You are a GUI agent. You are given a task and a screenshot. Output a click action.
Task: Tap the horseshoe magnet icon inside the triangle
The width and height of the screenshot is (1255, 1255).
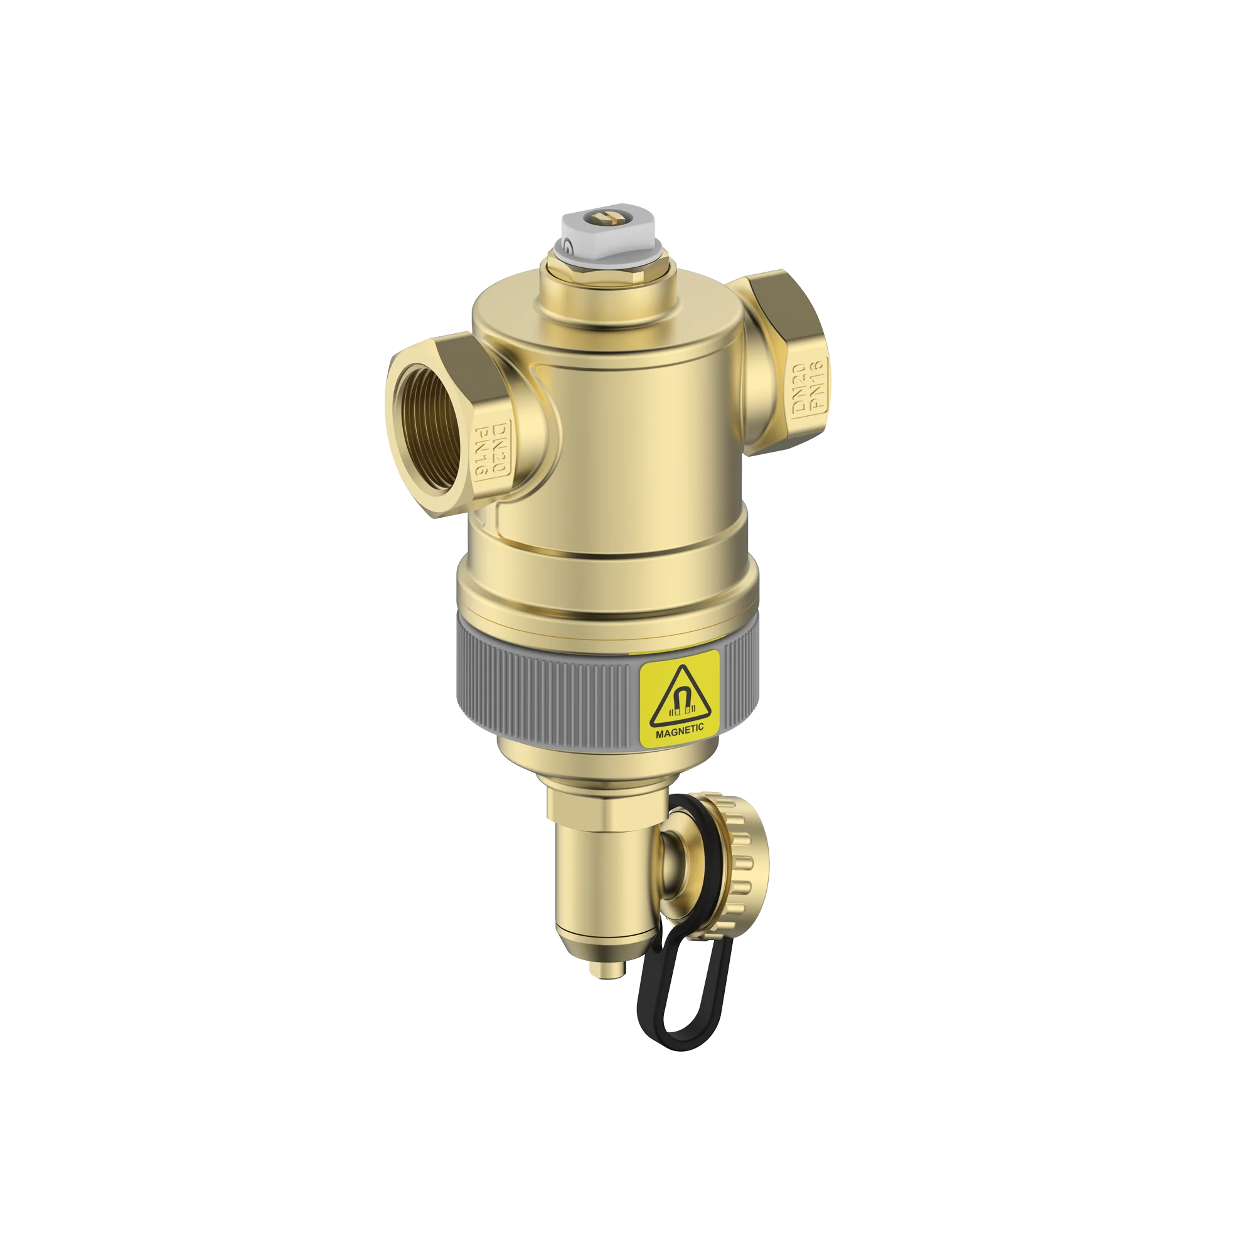(x=679, y=703)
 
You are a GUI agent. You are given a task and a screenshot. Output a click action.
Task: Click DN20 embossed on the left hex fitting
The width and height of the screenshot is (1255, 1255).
(x=499, y=448)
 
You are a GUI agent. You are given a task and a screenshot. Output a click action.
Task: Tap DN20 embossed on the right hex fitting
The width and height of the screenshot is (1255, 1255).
(x=798, y=388)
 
